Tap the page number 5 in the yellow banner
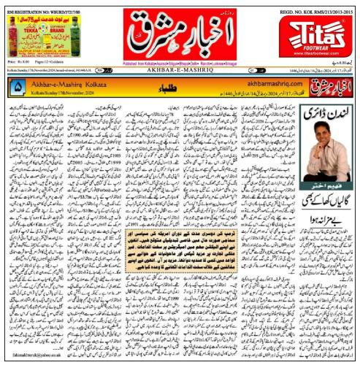click(18, 86)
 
